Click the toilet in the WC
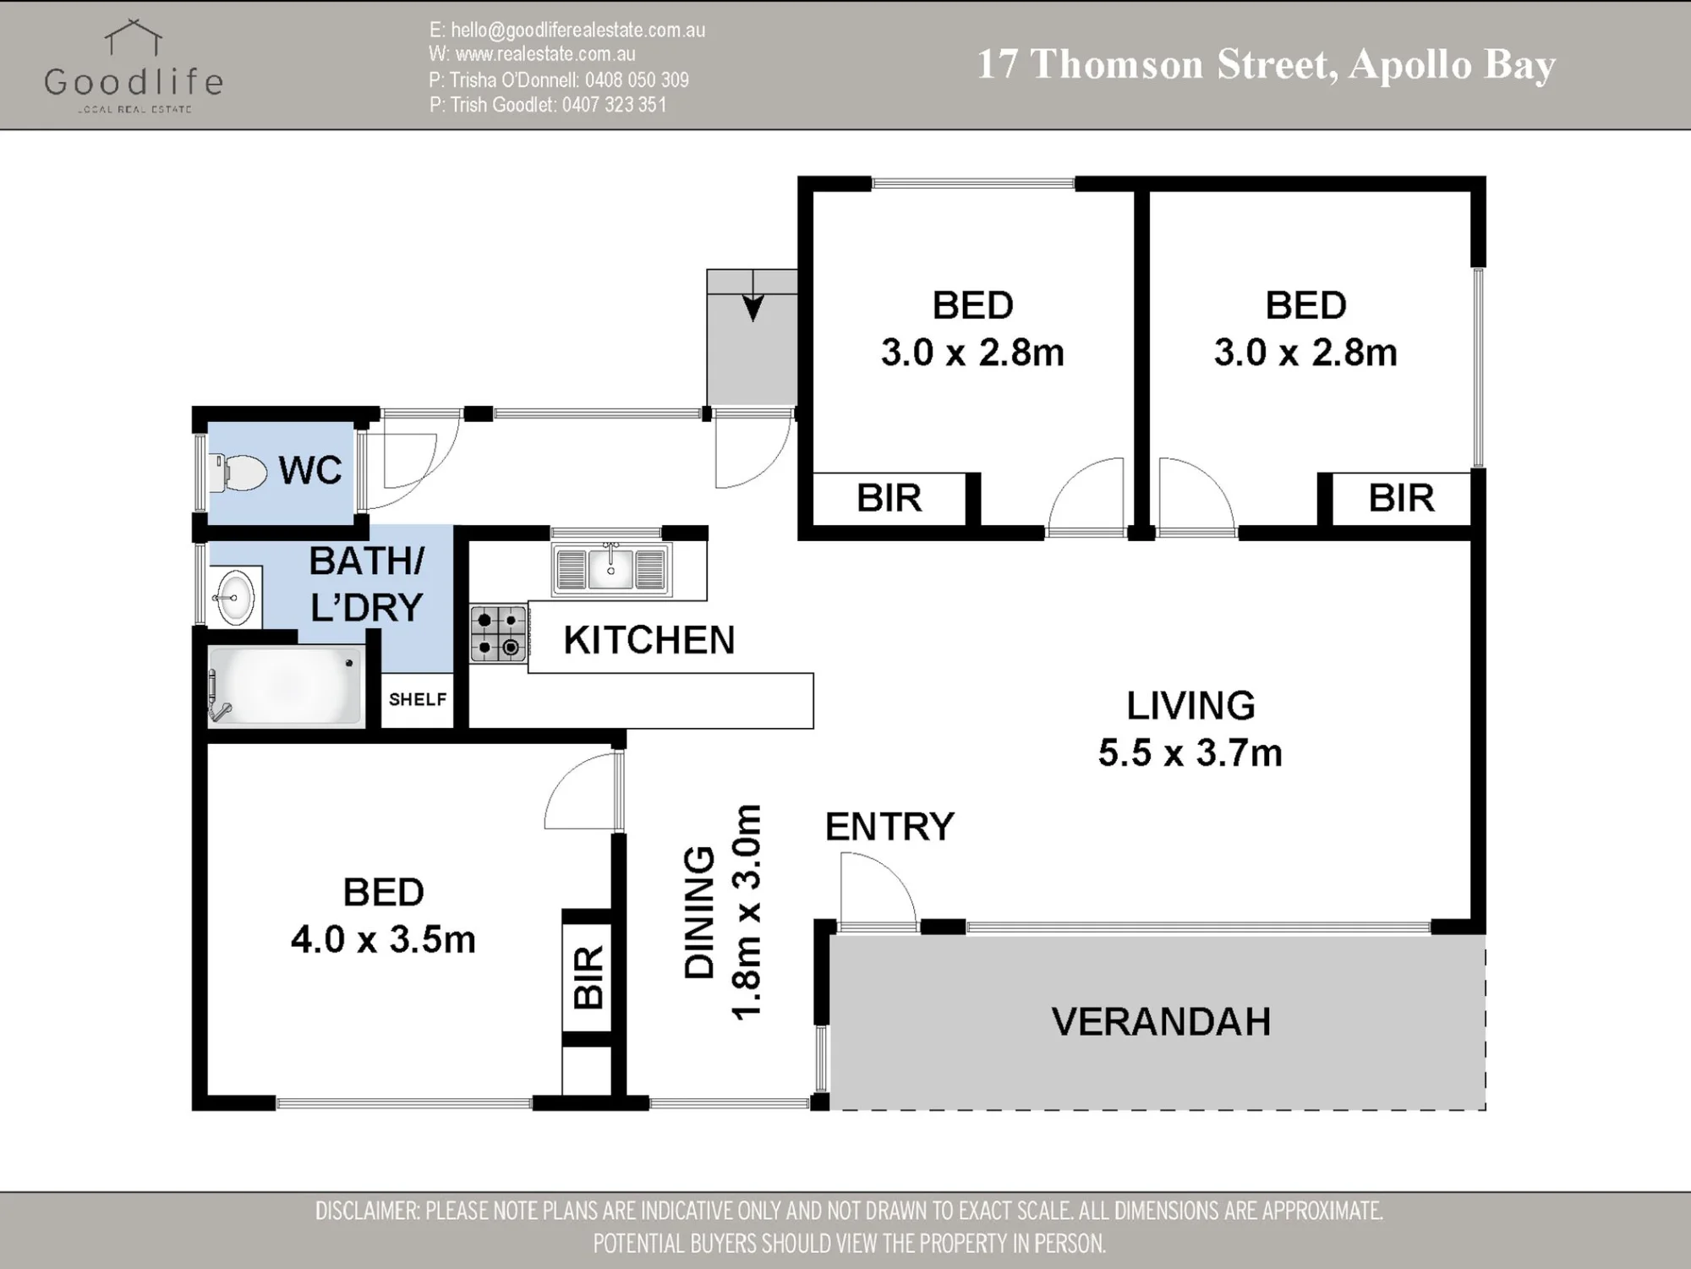click(238, 473)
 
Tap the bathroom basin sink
click(233, 597)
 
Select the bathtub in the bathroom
click(286, 685)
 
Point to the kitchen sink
click(610, 568)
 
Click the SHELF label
click(418, 699)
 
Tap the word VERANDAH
click(1161, 1021)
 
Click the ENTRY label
click(889, 826)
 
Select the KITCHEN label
click(649, 640)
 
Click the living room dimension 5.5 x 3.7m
click(1190, 752)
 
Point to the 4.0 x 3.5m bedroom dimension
click(383, 939)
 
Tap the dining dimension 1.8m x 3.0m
click(747, 912)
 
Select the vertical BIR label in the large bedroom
click(588, 977)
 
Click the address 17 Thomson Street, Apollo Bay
click(1267, 65)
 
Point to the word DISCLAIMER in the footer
click(368, 1211)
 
